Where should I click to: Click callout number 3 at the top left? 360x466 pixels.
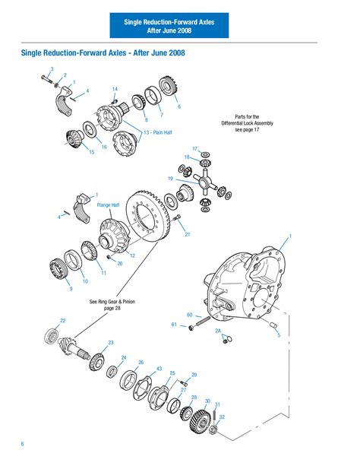pos(52,70)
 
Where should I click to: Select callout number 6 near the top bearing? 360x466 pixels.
pos(179,106)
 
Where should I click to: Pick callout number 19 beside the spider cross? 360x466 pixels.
pos(171,179)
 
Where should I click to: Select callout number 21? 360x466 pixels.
pos(188,234)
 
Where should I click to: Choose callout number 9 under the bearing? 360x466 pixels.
pos(71,289)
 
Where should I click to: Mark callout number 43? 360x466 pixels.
pos(159,369)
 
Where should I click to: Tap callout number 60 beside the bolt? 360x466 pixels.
pos(189,315)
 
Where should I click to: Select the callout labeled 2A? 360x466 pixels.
pos(218,331)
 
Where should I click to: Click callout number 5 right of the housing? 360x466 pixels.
pos(278,334)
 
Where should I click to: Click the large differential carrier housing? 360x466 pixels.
pos(251,285)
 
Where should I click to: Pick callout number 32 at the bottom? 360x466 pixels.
pos(222,417)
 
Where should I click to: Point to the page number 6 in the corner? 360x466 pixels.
pos(23,443)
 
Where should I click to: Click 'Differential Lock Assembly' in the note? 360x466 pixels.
pos(247,123)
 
